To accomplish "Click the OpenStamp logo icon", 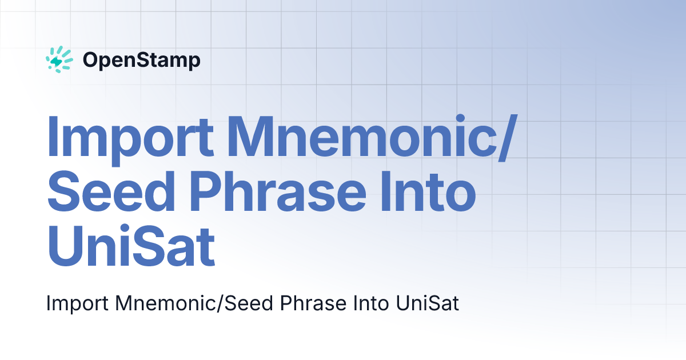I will point(59,59).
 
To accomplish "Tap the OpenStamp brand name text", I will point(141,59).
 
